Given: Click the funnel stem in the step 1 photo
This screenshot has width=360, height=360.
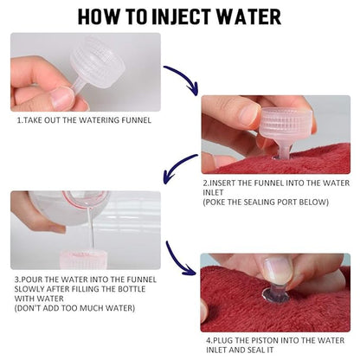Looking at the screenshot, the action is [79, 86].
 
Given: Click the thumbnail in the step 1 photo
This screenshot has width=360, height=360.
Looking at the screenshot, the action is [61, 98].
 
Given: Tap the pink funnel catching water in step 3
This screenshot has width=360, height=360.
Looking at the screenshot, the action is [83, 260].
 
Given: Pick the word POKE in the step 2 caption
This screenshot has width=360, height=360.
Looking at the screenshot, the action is [215, 202].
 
